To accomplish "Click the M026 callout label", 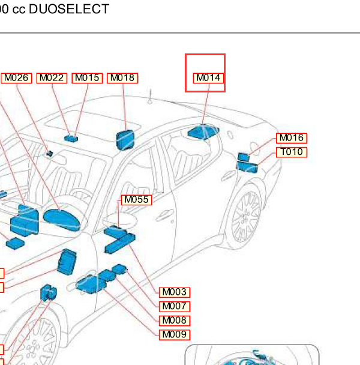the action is [x=16, y=78].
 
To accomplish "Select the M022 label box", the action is [x=52, y=78].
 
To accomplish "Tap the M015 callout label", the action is [x=87, y=78].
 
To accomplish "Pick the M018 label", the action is [x=122, y=78].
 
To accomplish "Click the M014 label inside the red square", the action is [x=208, y=78].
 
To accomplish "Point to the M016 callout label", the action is [x=292, y=138].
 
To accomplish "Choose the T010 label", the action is [x=292, y=152].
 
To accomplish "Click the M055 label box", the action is [x=137, y=200].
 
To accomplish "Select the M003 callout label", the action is [x=175, y=292].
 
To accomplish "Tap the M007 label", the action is [x=175, y=307].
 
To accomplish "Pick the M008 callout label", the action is [x=175, y=321].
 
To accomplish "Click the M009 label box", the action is [x=175, y=335].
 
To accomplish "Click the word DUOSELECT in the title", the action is [x=69, y=9].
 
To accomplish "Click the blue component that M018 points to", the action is [x=125, y=140].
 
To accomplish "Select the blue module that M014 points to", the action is [x=203, y=132].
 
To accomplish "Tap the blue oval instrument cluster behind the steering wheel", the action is [x=62, y=220].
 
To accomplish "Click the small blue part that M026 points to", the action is [x=50, y=154].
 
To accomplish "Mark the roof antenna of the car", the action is [x=151, y=97].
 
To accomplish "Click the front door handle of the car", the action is [x=164, y=216].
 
